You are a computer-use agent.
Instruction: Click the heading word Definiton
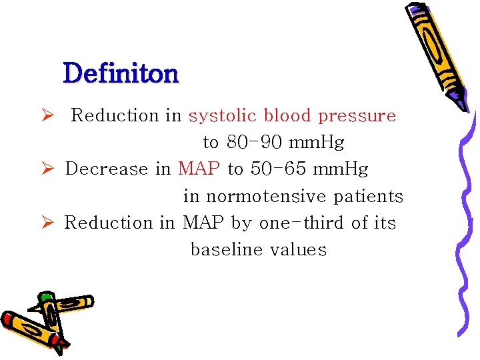click(x=121, y=73)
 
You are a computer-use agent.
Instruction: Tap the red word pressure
click(x=357, y=116)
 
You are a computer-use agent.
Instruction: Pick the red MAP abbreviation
click(x=199, y=169)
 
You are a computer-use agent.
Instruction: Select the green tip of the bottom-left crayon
click(x=46, y=297)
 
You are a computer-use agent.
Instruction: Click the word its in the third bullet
click(x=385, y=223)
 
